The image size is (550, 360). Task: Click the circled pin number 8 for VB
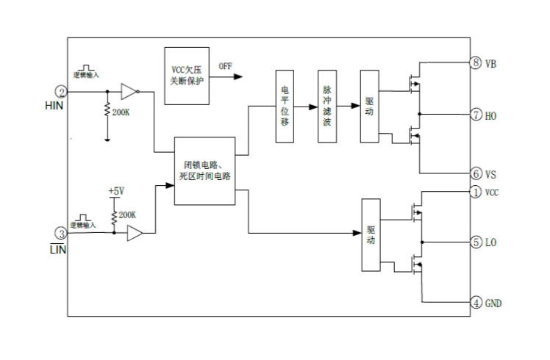click(x=476, y=62)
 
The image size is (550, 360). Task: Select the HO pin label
click(x=491, y=115)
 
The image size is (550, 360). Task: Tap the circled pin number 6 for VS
click(x=476, y=174)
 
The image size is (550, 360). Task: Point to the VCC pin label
click(x=493, y=192)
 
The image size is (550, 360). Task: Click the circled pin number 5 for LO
click(x=476, y=242)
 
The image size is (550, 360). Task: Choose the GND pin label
click(x=493, y=302)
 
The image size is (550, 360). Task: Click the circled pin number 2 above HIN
click(x=62, y=92)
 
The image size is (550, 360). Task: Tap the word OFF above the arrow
click(x=225, y=66)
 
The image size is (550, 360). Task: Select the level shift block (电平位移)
click(x=285, y=107)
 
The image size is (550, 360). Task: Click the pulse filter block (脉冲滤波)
click(x=327, y=107)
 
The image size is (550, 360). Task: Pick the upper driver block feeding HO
click(x=369, y=107)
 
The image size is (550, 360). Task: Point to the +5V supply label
click(x=115, y=191)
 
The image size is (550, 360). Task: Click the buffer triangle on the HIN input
click(x=128, y=92)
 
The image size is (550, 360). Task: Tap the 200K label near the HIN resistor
click(x=121, y=112)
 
